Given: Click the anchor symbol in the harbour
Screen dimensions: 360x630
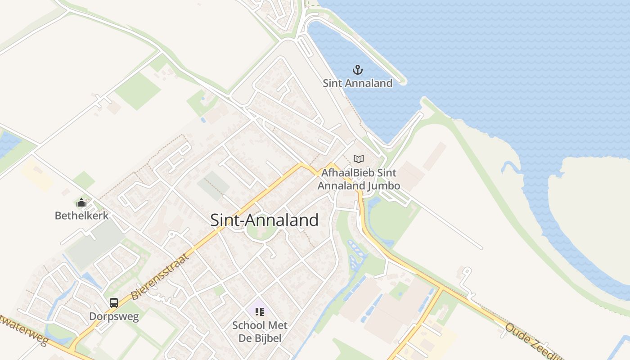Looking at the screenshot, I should [358, 70].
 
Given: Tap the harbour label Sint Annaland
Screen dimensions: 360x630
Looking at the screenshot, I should [358, 83].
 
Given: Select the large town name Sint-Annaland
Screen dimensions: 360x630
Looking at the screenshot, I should [265, 220].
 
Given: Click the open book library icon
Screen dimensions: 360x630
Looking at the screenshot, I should [359, 159].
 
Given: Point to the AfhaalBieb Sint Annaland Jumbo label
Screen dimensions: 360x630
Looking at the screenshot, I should [359, 179].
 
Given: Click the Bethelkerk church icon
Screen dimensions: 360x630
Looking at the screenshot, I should [81, 203].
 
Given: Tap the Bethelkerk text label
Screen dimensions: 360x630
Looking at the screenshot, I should [81, 216].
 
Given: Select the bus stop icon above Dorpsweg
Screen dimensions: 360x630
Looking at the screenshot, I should [114, 303].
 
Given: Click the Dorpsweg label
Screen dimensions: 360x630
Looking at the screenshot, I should [114, 316].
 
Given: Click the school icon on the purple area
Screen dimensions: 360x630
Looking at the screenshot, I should [259, 311].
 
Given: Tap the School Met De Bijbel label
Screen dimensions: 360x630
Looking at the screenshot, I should [260, 332].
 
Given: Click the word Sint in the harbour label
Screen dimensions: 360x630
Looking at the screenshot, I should [332, 83].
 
